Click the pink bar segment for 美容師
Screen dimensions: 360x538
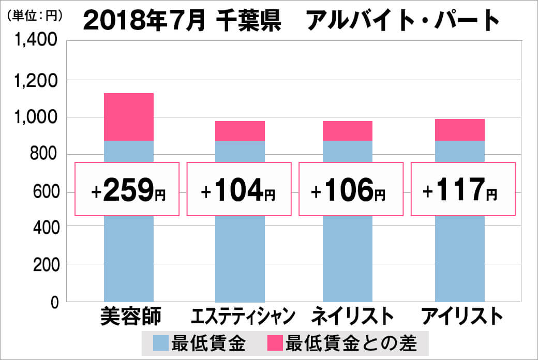(129, 117)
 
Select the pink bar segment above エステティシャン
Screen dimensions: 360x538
(240, 131)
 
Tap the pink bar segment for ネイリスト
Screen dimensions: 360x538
(347, 131)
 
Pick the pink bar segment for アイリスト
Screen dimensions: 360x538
(459, 130)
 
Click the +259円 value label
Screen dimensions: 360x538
(127, 189)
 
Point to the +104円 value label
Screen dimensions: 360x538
(238, 189)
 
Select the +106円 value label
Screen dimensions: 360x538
(350, 189)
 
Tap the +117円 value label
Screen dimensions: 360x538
(462, 189)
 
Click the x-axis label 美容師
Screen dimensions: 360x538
(131, 316)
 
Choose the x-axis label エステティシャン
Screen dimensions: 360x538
(243, 316)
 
